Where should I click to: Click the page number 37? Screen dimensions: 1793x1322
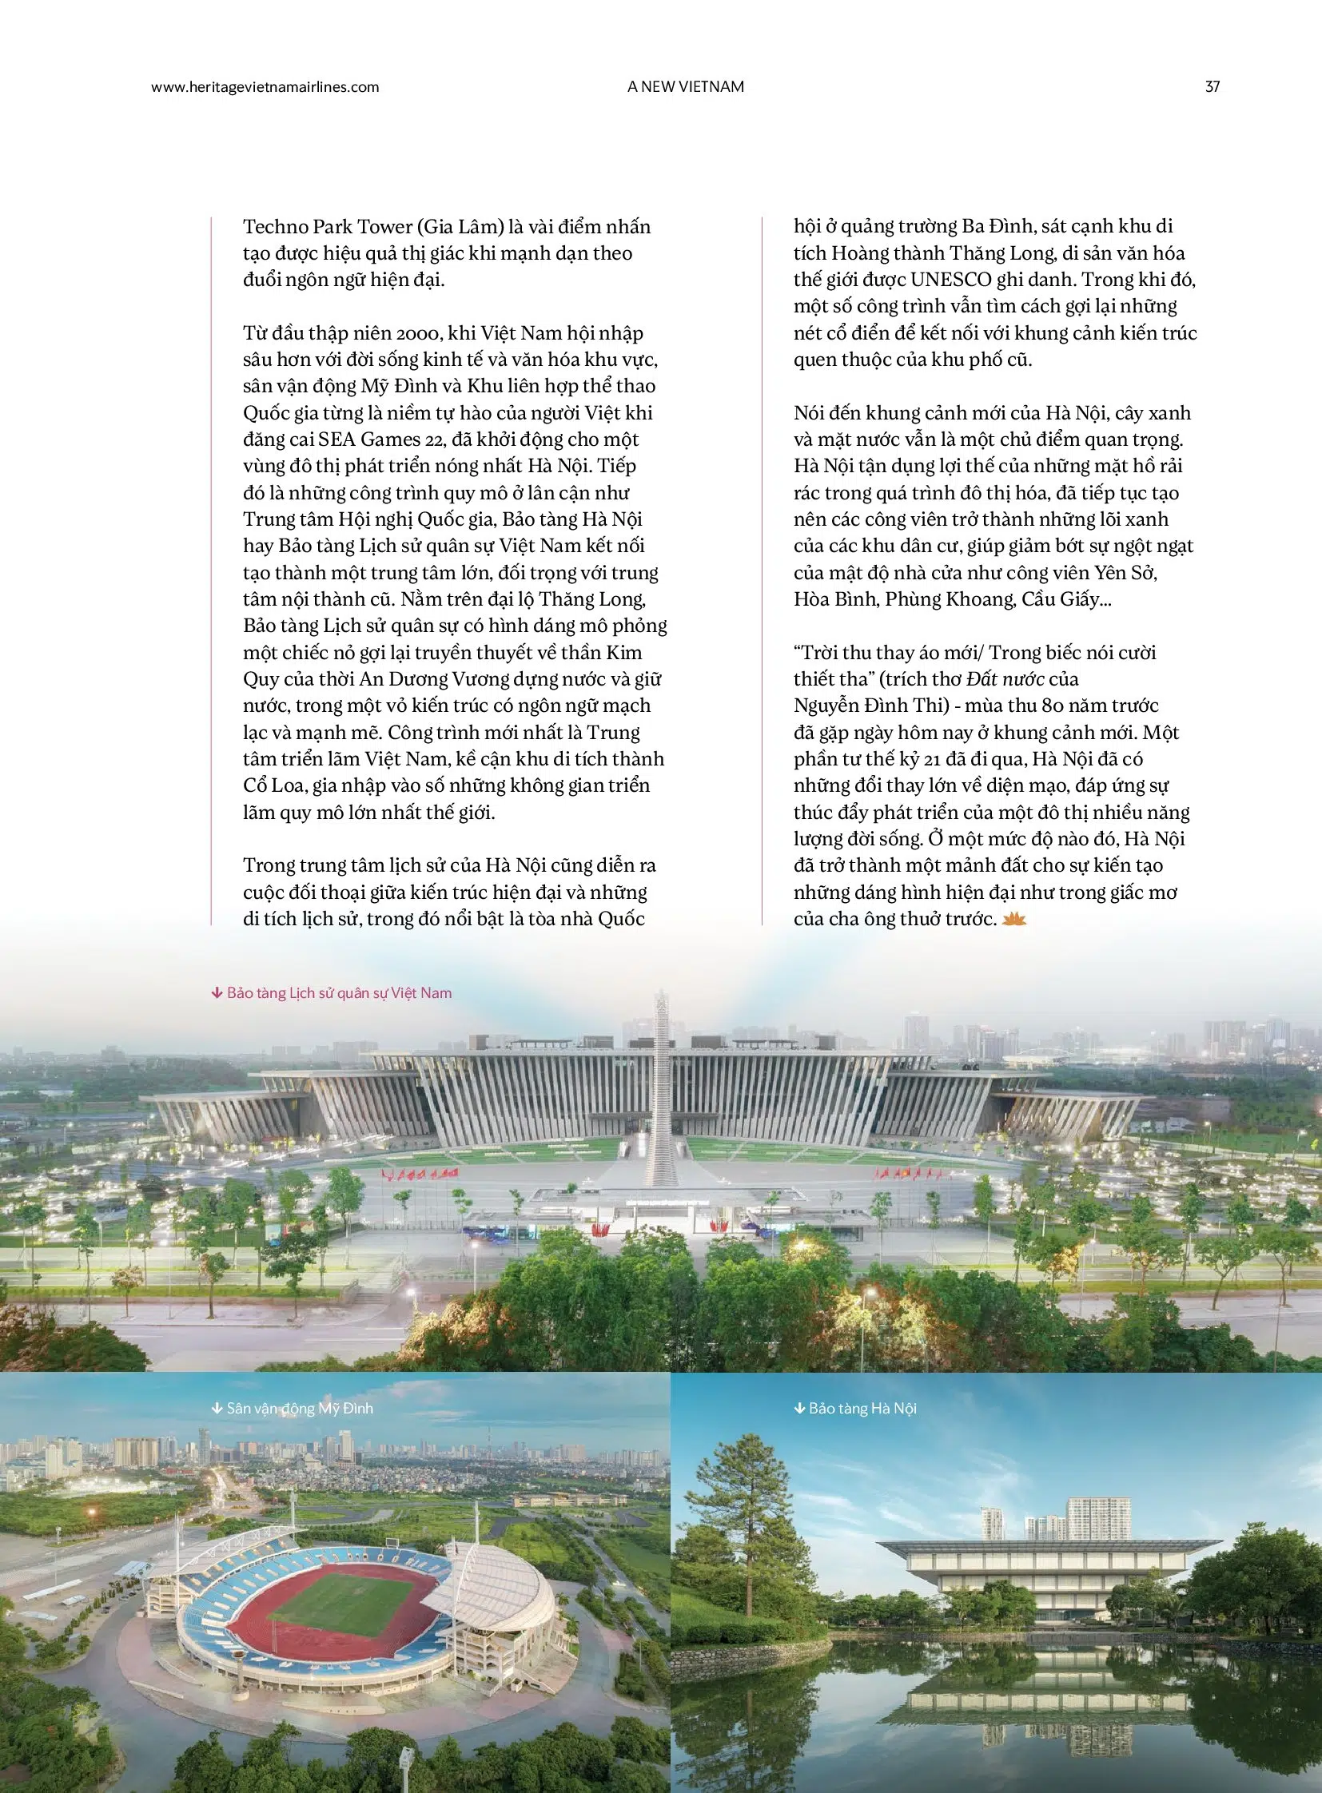click(1212, 87)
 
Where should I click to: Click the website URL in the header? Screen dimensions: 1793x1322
click(265, 87)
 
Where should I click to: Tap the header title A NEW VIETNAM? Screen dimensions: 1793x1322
click(685, 87)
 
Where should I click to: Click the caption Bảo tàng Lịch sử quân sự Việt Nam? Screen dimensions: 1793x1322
click(339, 993)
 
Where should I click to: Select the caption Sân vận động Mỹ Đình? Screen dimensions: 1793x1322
click(299, 1408)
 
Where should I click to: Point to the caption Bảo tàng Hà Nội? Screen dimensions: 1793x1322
click(862, 1408)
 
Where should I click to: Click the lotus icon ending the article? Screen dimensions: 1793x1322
click(1013, 920)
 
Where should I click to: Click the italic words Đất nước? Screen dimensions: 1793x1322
click(1005, 679)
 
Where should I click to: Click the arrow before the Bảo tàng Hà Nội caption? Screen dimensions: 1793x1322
click(798, 1408)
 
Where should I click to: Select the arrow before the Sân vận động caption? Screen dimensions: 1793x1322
click(216, 1408)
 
